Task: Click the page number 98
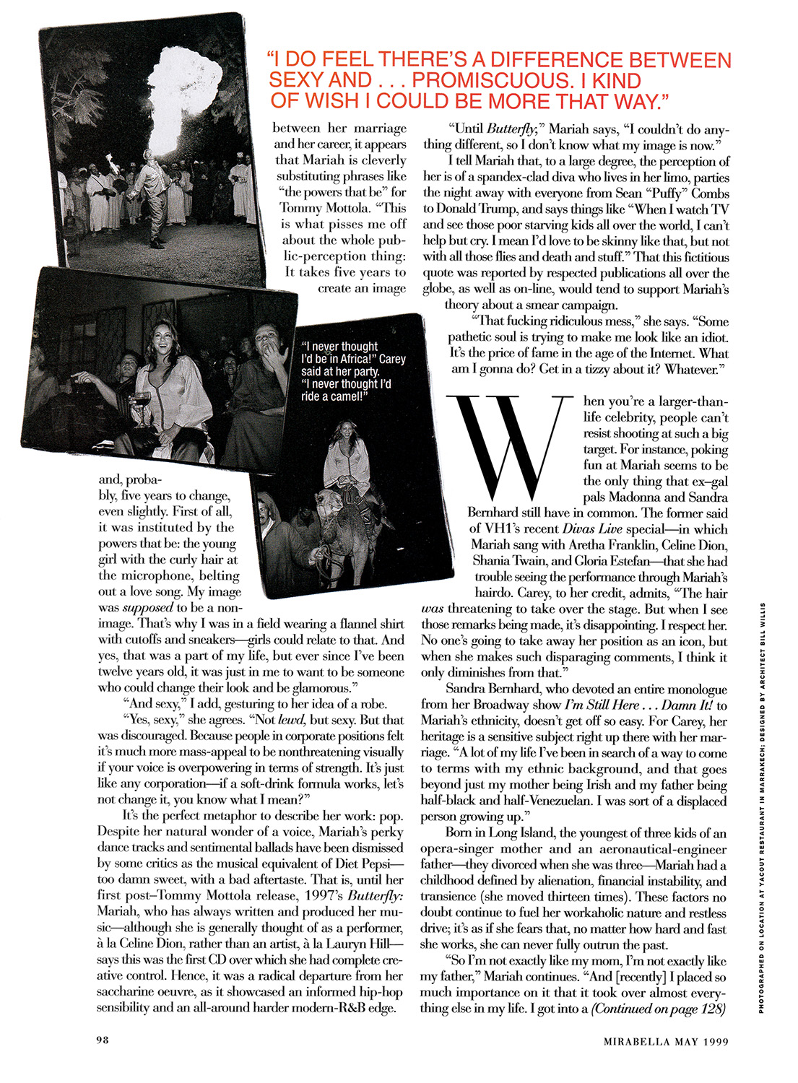click(x=103, y=1040)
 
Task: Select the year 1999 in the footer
click(x=713, y=1041)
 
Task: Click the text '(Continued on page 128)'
click(x=658, y=1009)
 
